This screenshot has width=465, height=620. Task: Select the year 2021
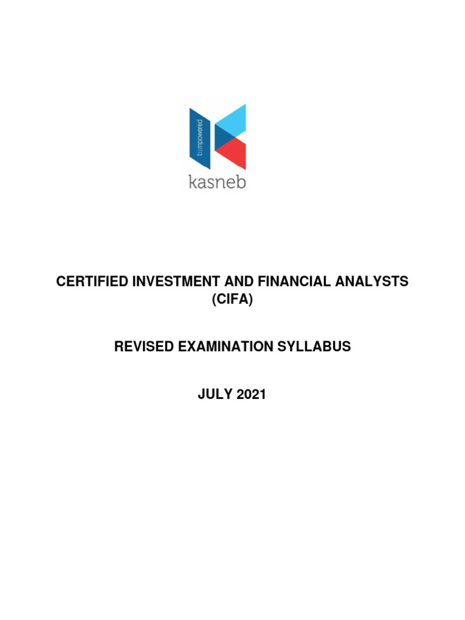(x=249, y=395)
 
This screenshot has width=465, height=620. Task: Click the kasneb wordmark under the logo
(x=217, y=182)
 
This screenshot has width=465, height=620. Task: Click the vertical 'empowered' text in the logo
(x=200, y=138)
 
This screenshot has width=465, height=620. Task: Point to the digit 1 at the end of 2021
(x=262, y=395)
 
